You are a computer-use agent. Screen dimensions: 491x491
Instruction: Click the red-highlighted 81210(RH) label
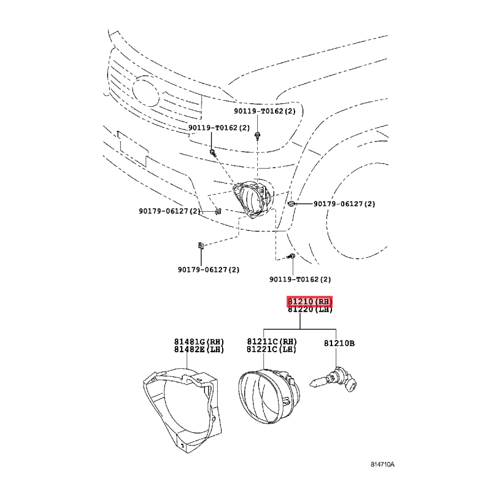[309, 301]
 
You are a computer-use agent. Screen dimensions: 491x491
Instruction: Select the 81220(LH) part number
[310, 309]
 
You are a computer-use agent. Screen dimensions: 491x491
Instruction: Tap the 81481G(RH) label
[199, 342]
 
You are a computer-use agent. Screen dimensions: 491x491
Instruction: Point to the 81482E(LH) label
[199, 349]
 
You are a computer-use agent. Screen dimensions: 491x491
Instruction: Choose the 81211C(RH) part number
[272, 341]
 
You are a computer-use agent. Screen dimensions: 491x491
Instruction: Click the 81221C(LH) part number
[272, 349]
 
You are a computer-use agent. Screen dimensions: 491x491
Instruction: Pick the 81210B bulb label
[339, 344]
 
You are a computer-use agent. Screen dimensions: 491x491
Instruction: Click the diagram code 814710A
[382, 465]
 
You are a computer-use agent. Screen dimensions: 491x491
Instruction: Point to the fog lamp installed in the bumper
[252, 198]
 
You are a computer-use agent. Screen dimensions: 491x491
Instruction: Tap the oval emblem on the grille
[146, 92]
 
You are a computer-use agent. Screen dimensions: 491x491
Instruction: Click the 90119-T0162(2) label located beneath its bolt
[300, 279]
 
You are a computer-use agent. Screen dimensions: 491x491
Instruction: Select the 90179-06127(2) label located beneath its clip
[209, 269]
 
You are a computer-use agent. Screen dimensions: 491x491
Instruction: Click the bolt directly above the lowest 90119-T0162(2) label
[292, 257]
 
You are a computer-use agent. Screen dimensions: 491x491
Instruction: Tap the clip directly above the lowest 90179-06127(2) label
[201, 245]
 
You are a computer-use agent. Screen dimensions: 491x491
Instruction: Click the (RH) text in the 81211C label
[288, 341]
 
